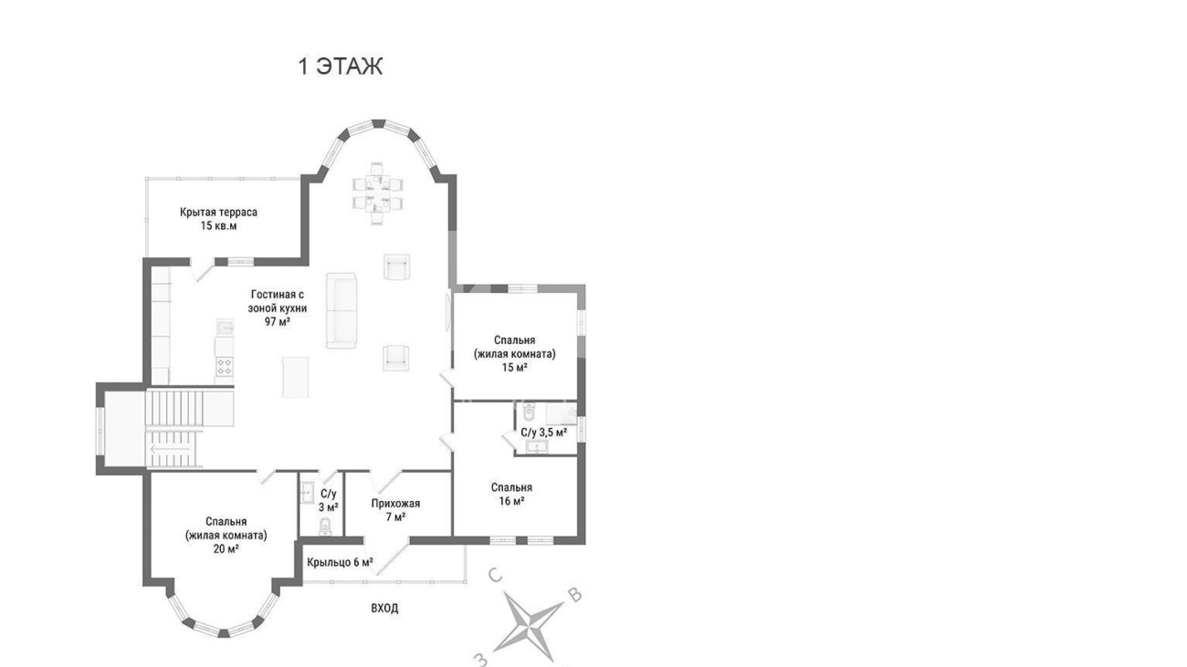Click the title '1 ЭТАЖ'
[341, 67]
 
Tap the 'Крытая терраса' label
[218, 213]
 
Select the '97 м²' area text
[278, 321]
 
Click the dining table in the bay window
[377, 193]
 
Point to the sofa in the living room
[341, 311]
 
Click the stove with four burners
[225, 366]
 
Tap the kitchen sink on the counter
[226, 328]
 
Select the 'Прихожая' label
[395, 504]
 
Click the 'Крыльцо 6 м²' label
[340, 562]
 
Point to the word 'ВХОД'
[384, 609]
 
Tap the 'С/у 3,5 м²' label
[543, 433]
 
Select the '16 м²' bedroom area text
[511, 501]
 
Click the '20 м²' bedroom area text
[226, 549]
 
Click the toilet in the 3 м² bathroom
[325, 526]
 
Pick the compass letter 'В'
[575, 596]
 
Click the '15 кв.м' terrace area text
[218, 226]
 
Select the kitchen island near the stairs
[295, 376]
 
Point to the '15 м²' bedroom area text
[515, 368]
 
